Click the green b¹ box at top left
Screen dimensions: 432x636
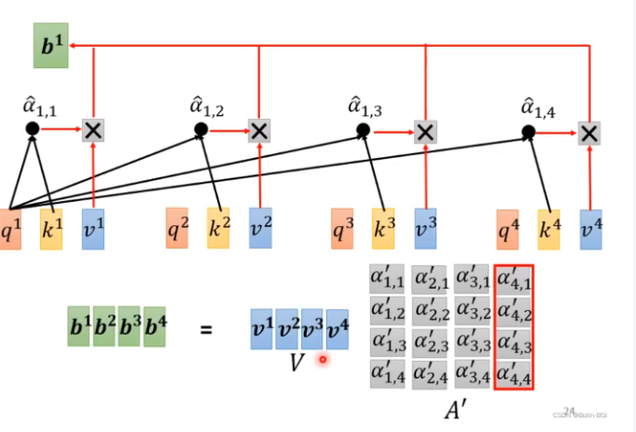pyautogui.click(x=50, y=48)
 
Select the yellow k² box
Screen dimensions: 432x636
pyautogui.click(x=218, y=228)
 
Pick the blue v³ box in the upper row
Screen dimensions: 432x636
pyautogui.click(x=426, y=228)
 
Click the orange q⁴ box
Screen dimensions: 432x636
pyautogui.click(x=507, y=229)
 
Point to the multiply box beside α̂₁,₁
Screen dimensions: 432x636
pyautogui.click(x=93, y=129)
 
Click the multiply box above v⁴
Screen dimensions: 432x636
pyautogui.click(x=588, y=132)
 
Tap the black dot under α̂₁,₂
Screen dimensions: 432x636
pyautogui.click(x=201, y=129)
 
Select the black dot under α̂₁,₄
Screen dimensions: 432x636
pyautogui.click(x=529, y=132)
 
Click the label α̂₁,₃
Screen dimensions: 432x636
pyautogui.click(x=366, y=105)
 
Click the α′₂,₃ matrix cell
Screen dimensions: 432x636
pyautogui.click(x=430, y=341)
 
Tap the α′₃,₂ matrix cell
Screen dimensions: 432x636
pyautogui.click(x=472, y=310)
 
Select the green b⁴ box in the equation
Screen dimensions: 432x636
pyautogui.click(x=155, y=329)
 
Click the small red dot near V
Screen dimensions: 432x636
pyautogui.click(x=322, y=360)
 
